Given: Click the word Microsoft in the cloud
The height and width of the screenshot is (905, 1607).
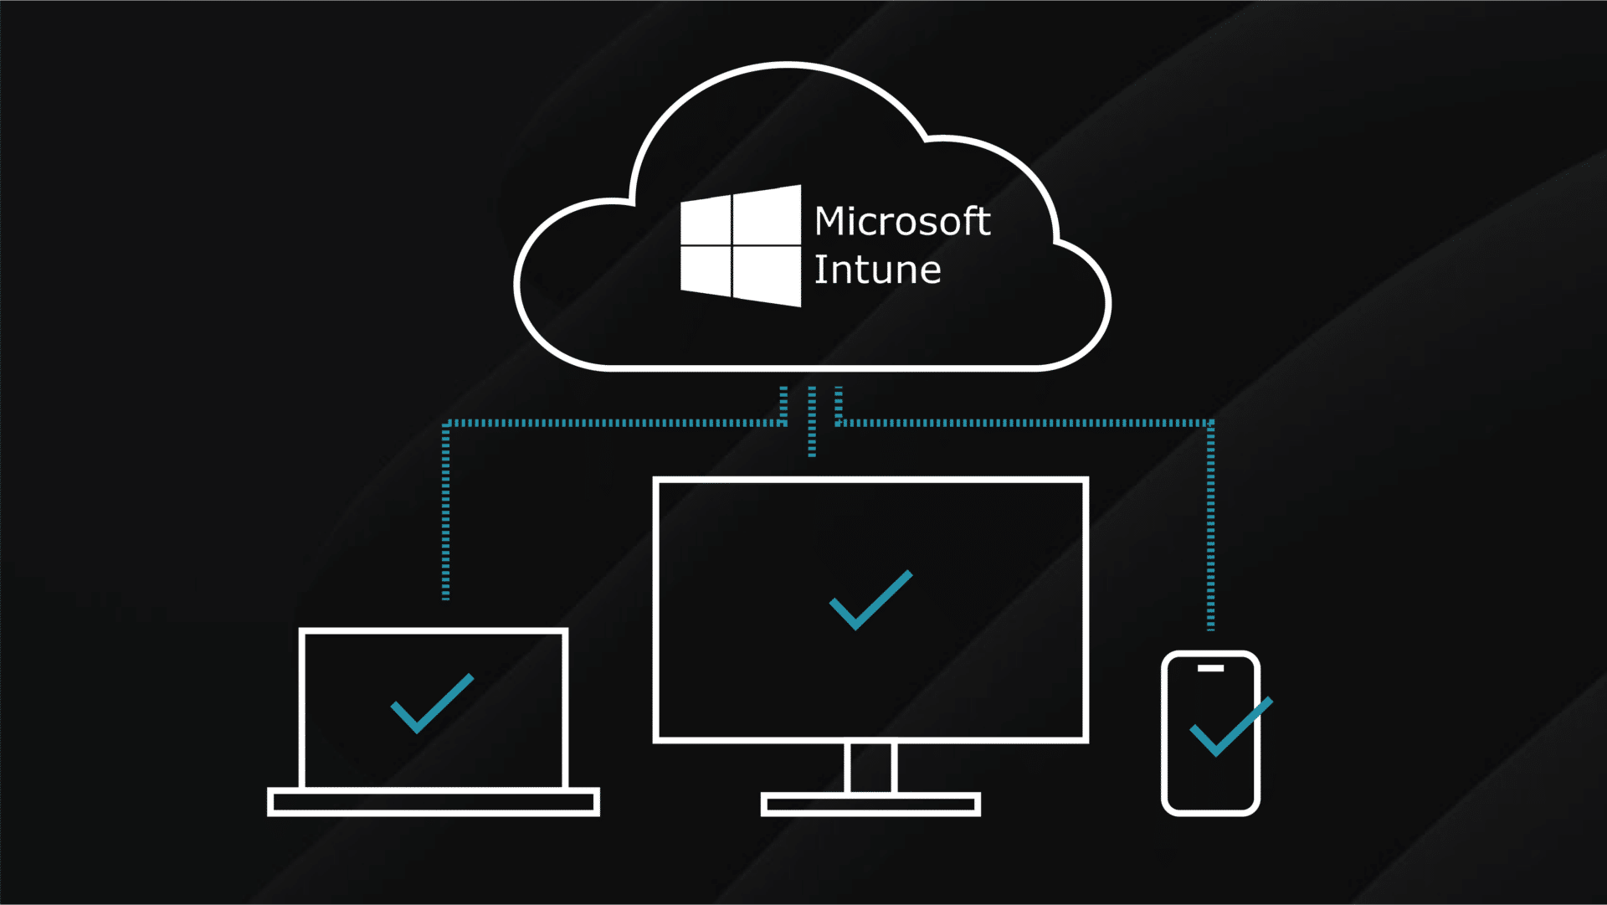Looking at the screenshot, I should (x=902, y=222).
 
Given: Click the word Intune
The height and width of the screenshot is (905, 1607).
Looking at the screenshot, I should (x=877, y=270).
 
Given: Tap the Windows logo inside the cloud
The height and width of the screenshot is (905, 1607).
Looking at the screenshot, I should (x=741, y=245).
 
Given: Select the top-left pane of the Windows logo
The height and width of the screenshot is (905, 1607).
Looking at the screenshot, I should (x=706, y=221).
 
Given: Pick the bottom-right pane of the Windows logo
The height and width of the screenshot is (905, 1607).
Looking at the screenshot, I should (x=767, y=275).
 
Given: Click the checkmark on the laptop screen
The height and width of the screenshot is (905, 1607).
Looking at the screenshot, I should (x=432, y=704).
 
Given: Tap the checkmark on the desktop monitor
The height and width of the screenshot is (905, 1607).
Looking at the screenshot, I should (x=870, y=599).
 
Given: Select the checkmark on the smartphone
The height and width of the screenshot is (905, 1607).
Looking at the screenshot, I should (x=1230, y=727).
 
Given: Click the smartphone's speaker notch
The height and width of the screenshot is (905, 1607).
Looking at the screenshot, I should (x=1210, y=668).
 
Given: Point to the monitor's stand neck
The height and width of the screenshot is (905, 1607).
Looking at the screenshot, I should (x=870, y=767).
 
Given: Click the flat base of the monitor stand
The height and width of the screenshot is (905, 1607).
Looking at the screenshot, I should (x=870, y=805).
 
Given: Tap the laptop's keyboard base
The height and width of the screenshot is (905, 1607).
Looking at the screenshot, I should (x=433, y=802).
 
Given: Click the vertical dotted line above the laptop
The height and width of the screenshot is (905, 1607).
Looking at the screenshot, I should (x=445, y=511).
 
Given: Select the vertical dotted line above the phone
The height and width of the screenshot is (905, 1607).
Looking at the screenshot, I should (x=1210, y=527).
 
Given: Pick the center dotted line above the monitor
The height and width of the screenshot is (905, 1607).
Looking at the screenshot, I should (x=811, y=421).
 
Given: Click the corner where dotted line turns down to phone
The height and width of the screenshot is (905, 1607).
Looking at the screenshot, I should (x=1210, y=424).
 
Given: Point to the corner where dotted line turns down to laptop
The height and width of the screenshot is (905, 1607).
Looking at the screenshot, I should (x=446, y=424).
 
